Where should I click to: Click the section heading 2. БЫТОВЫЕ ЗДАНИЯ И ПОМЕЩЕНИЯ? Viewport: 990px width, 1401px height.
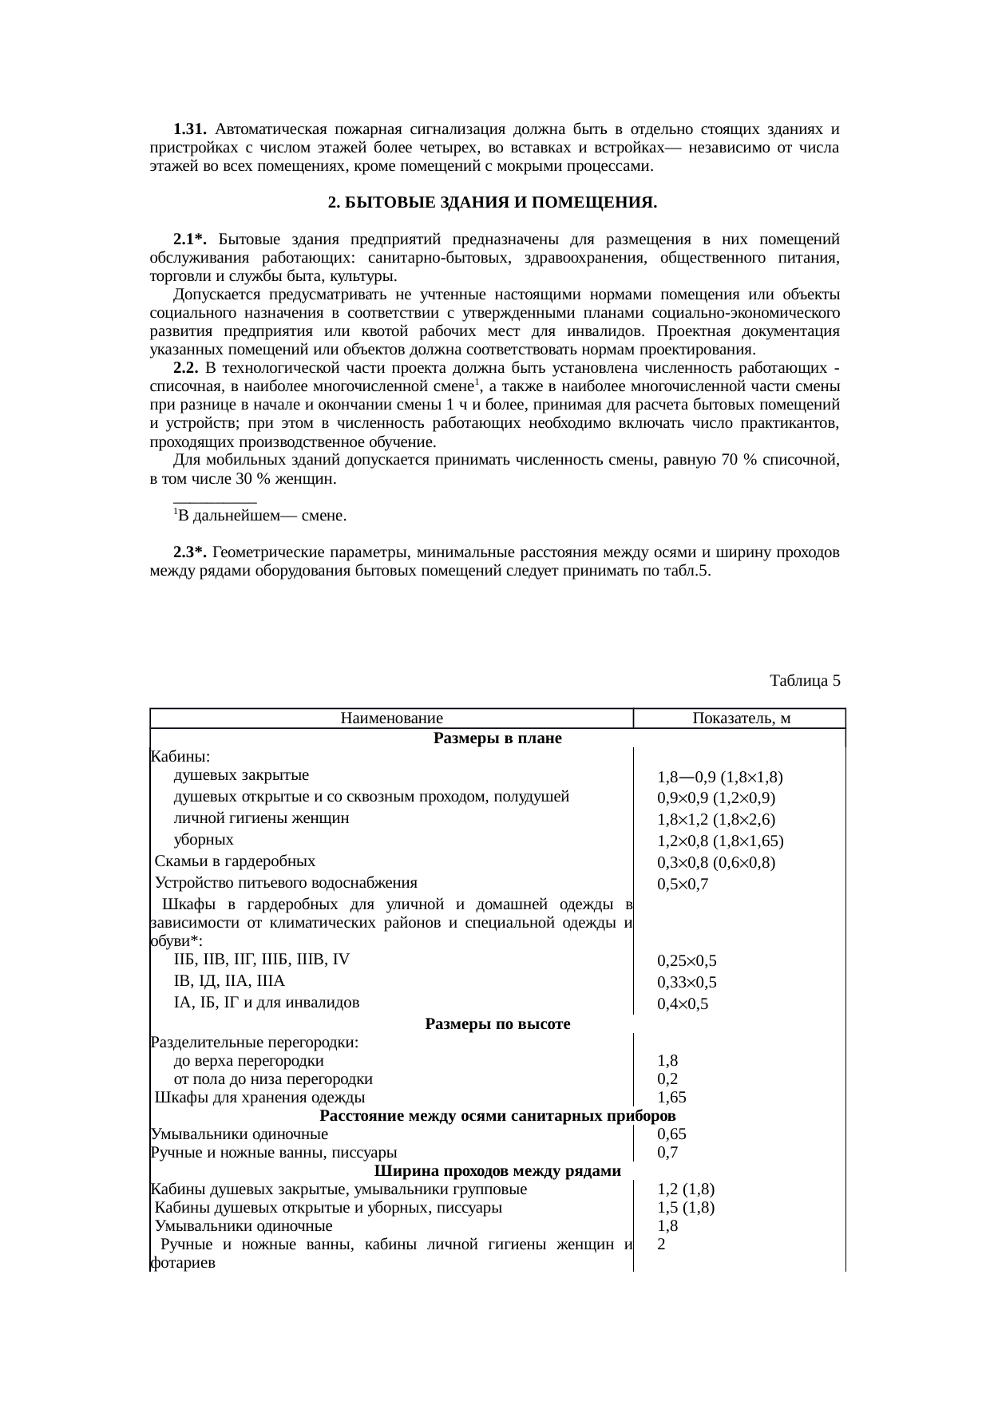tap(493, 203)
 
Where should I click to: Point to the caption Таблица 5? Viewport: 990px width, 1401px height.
tap(804, 681)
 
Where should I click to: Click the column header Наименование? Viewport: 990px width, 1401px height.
tap(391, 718)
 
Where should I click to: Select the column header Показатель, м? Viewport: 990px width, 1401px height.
tap(742, 718)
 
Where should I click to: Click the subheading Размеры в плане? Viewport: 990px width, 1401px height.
tap(497, 738)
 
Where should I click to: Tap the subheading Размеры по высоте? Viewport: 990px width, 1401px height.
tap(497, 1024)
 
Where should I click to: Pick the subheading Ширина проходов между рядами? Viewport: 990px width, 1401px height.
tap(497, 1171)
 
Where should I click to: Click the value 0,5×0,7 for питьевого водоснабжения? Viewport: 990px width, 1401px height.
tap(683, 885)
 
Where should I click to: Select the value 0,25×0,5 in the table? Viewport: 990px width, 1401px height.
tap(687, 961)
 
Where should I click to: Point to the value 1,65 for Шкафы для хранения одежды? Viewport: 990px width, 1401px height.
tap(671, 1098)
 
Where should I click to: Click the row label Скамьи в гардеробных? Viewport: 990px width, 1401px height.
tap(235, 861)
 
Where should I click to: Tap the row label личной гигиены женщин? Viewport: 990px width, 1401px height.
tap(261, 818)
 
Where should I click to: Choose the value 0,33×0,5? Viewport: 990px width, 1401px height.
tap(687, 983)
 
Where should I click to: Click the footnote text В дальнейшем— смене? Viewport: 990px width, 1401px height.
tap(261, 516)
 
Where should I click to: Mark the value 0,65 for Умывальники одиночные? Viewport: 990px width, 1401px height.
tap(671, 1134)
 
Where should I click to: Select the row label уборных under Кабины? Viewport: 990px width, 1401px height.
tap(204, 840)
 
